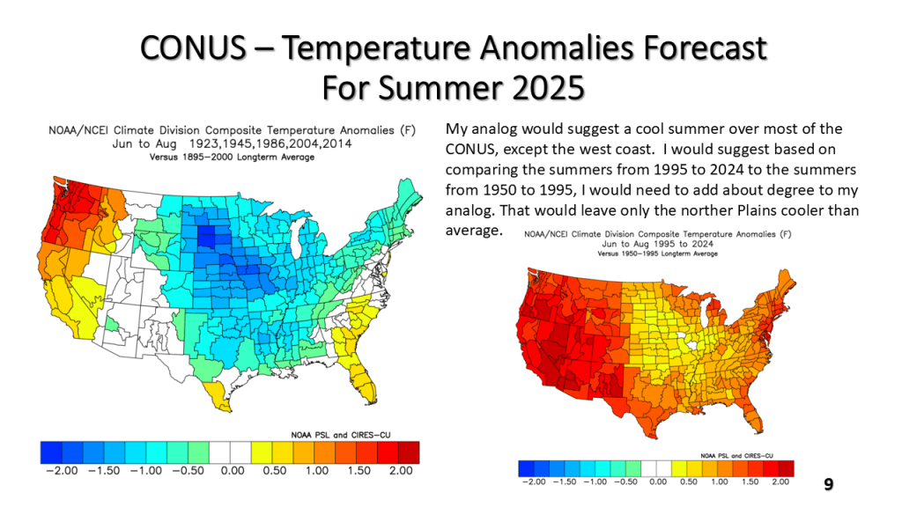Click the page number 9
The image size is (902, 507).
point(828,484)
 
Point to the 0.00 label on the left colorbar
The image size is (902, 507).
point(232,471)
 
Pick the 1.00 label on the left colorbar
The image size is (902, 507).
point(316,471)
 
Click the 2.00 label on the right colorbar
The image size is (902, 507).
point(780,481)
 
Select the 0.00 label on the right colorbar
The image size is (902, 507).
point(658,481)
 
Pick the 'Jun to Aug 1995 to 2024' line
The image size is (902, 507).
point(657,244)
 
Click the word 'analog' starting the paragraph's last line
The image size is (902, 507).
point(469,211)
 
